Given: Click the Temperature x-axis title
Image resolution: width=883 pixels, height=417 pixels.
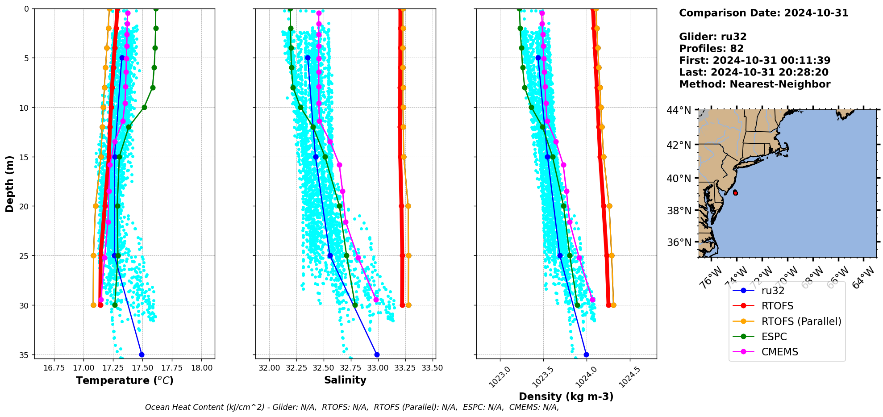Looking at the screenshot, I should coord(125,380).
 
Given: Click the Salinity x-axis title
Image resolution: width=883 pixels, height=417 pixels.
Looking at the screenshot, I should coord(345,380).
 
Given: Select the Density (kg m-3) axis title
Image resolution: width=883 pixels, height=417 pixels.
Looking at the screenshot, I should coord(566,396).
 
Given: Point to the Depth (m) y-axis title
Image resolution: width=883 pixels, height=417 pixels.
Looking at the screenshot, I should coord(10,183).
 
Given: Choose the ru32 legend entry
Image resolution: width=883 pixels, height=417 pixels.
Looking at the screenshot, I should coord(773,291).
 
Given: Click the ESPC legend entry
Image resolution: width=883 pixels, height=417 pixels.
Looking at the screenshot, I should coord(774,337).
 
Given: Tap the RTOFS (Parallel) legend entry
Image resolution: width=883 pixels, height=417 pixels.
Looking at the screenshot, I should coord(801,321).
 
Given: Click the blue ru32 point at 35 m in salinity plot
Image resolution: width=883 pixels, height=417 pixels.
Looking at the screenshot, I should coord(377,355).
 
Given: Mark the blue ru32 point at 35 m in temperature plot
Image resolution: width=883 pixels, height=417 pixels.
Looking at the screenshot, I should coord(142,355).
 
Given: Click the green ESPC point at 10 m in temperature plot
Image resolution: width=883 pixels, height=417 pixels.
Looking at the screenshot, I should coord(144,107).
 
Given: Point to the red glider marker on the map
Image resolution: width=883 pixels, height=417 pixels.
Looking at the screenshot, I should coord(735,193).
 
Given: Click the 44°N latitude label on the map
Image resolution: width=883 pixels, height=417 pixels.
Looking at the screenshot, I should coord(679,110).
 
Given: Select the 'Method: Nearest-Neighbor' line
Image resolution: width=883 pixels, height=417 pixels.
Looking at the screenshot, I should coord(754,84).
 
